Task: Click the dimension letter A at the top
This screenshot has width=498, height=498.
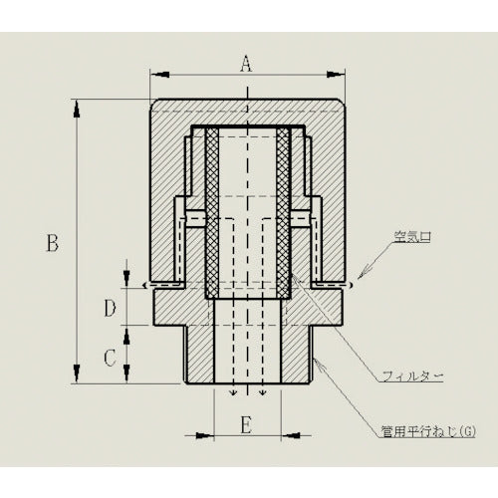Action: pyautogui.click(x=246, y=63)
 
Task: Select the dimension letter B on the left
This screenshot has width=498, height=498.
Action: pyautogui.click(x=53, y=242)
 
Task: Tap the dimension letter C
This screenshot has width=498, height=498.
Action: pyautogui.click(x=111, y=355)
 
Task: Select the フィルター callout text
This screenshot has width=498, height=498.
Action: pyautogui.click(x=414, y=375)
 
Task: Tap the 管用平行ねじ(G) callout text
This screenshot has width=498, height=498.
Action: pyautogui.click(x=428, y=431)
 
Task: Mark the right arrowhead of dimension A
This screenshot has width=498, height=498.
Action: pyautogui.click(x=338, y=73)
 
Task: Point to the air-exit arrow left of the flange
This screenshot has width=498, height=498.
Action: pyautogui.click(x=145, y=286)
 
